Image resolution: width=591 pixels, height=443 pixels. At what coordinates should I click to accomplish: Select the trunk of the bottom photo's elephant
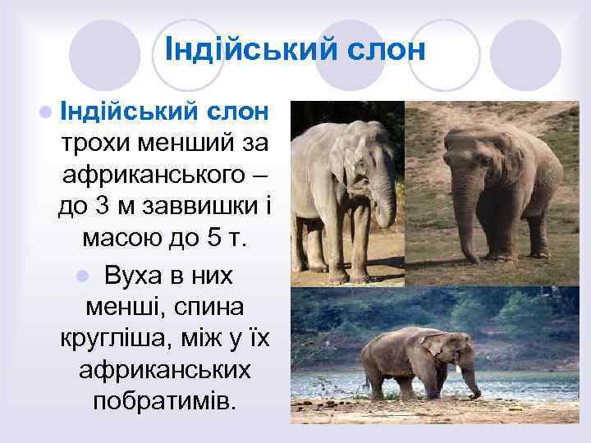[470, 379]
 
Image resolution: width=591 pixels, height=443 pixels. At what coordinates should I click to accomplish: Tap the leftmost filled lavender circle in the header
[104, 54]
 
